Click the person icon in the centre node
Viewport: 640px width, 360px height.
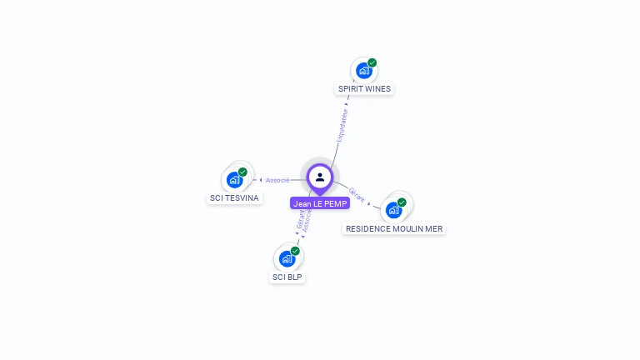320,177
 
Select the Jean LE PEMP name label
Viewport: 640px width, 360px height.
320,203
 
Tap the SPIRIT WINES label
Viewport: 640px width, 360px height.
364,88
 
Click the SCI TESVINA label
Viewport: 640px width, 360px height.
234,198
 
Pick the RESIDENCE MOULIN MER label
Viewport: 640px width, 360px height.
394,228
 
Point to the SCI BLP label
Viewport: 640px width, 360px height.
287,277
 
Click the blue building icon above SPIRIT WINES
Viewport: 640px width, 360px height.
363,71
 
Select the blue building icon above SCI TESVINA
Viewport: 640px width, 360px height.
234,180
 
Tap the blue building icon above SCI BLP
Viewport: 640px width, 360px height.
287,259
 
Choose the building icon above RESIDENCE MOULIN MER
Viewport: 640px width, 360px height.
393,210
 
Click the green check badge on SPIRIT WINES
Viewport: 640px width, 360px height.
372,62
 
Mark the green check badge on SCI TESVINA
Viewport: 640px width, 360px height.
242,172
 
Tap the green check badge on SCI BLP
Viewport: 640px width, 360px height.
295,251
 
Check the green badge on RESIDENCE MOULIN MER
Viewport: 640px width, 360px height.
402,202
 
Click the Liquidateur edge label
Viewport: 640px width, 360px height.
342,124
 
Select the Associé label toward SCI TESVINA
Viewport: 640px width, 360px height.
277,180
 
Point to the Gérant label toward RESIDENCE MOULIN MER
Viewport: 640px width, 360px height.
357,195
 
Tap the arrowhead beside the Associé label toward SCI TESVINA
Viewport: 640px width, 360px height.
261,180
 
